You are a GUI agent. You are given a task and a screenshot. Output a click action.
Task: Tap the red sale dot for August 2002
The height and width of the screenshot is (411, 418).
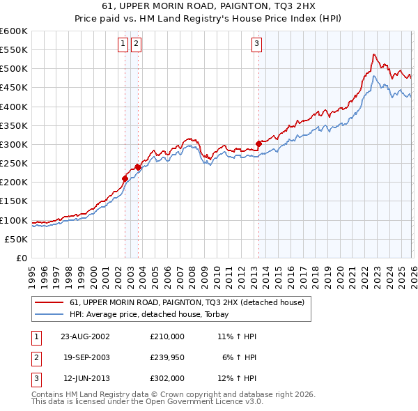tap(125, 178)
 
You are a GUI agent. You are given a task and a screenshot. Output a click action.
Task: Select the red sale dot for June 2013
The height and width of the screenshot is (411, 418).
tap(258, 144)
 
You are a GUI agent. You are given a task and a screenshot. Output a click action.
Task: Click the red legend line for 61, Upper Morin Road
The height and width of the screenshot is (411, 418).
tap(49, 303)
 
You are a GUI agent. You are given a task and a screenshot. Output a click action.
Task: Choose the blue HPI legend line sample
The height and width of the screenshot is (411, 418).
tap(49, 314)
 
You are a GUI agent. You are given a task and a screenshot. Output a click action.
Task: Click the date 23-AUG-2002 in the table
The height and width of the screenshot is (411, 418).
tap(86, 336)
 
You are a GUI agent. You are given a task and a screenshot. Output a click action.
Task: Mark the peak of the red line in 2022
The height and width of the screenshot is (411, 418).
tap(374, 54)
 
